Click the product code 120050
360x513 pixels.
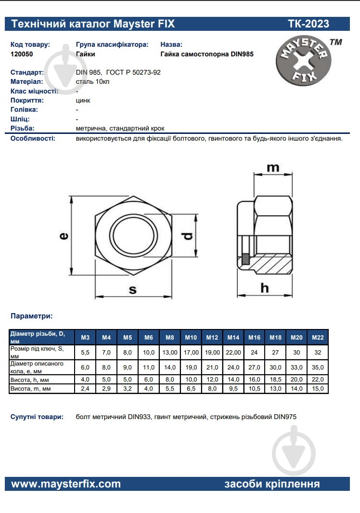tap(22, 54)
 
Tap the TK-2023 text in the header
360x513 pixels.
tap(309, 24)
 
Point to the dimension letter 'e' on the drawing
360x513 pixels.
tap(64, 236)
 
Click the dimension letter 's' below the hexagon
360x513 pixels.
tap(133, 289)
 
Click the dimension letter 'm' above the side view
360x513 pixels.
tap(273, 168)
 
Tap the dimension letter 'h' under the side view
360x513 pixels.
tap(264, 288)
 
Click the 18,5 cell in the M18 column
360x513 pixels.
tap(275, 380)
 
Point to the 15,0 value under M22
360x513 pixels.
tap(318, 388)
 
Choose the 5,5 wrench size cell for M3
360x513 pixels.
tap(85, 353)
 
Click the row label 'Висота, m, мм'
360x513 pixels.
tap(30, 388)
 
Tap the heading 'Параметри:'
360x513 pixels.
tap(32, 316)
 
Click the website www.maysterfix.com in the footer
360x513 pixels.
tap(66, 484)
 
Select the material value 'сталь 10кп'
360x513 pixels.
tap(92, 81)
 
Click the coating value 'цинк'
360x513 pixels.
tap(83, 100)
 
